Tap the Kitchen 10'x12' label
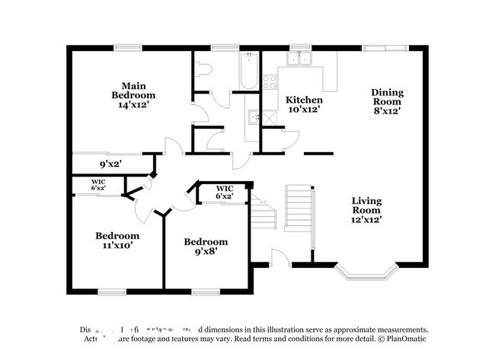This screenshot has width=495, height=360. point(304,104)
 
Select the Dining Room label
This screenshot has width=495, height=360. point(387,101)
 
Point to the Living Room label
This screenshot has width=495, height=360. point(366,210)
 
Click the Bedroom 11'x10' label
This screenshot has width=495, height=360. point(117,241)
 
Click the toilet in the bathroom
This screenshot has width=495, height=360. point(203,69)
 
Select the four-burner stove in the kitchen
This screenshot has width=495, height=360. point(270,81)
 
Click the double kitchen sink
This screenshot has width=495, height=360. point(301,59)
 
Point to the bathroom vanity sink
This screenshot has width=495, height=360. point(254,117)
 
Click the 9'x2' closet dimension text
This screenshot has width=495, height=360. point(110,163)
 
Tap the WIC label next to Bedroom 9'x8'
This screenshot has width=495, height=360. point(224,192)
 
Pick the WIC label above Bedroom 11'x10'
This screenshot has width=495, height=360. point(98,184)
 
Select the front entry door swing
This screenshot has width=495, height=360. point(280,259)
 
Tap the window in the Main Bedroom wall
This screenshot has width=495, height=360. point(128,48)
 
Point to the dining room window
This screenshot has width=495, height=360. point(385,48)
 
